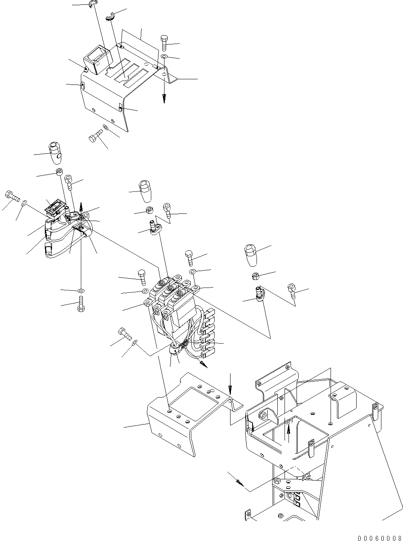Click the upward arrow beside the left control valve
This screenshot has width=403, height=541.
81,206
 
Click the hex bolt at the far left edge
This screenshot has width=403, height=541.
11,196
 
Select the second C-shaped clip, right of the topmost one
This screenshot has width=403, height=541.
110,16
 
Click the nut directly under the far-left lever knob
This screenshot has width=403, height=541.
59,172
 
